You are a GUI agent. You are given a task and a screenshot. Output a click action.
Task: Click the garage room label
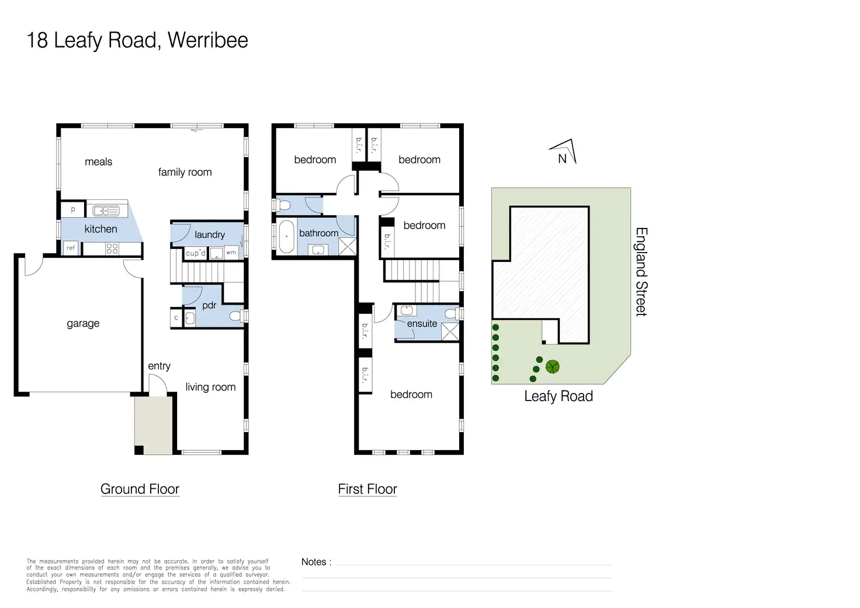tap(83, 323)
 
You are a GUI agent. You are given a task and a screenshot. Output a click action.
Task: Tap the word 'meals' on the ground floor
tap(98, 162)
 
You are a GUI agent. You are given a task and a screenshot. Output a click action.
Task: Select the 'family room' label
tap(185, 172)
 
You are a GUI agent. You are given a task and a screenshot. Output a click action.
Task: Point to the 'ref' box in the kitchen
tap(71, 248)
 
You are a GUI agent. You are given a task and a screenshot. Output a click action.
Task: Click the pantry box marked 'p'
tap(73, 209)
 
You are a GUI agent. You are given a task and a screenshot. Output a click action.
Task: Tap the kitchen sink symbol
tap(106, 210)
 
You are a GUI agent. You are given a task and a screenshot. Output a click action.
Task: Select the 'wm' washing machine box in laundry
tap(231, 253)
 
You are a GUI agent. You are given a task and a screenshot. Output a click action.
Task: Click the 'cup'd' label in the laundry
tap(195, 253)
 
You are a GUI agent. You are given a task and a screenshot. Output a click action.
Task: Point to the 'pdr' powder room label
tap(209, 305)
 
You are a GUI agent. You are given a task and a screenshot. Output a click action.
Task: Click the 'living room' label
tap(210, 387)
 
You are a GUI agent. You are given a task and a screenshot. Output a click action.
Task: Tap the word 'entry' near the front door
tap(159, 366)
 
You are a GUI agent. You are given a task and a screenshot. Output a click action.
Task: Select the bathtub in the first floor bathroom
tap(286, 236)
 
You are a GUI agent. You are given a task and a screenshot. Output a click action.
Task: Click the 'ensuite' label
tap(422, 323)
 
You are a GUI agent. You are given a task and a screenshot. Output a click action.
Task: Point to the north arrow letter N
tap(562, 158)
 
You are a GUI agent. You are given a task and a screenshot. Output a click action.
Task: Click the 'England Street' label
tap(641, 272)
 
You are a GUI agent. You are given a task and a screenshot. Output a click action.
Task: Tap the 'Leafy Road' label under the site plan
tap(558, 396)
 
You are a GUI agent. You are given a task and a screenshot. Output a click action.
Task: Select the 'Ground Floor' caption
tap(140, 489)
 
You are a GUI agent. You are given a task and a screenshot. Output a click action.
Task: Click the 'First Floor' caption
tap(367, 489)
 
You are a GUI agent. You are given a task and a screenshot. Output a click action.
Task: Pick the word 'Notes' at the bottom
tap(314, 562)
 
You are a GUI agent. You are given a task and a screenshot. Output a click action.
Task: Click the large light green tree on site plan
tap(552, 367)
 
